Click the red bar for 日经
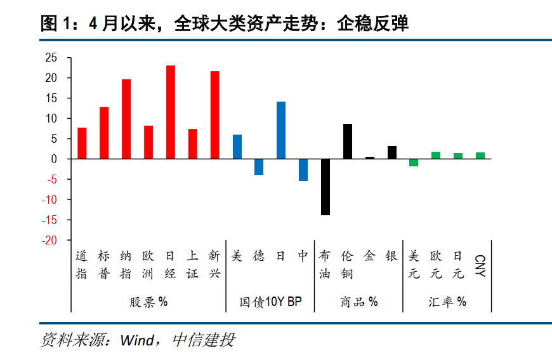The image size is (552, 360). [171, 112]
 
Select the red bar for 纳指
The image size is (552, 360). [126, 119]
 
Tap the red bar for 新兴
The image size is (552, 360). [214, 115]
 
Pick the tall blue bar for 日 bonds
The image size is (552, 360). [281, 130]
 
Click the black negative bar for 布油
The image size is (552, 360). [325, 187]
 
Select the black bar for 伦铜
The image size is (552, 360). [348, 141]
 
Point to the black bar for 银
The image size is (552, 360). [392, 152]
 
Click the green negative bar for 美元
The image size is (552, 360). [414, 163]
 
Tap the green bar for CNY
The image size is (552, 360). [480, 156]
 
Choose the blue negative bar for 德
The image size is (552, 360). [259, 167]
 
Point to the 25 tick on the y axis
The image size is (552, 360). [51, 57]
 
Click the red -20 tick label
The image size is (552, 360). [49, 240]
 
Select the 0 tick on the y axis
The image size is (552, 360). [54, 159]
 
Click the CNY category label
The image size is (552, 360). [480, 265]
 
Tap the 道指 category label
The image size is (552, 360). [81, 265]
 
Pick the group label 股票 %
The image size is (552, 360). [148, 302]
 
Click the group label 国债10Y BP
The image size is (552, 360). [271, 302]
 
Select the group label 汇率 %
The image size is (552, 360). [447, 302]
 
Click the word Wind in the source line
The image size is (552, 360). [137, 340]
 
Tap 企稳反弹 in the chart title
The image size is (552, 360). [373, 23]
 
